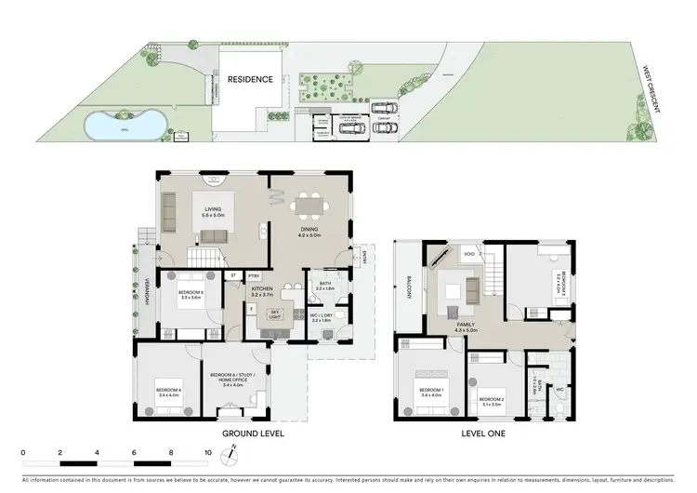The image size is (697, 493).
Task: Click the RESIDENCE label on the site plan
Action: click(x=251, y=80)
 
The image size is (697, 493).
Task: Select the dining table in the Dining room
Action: click(x=308, y=206)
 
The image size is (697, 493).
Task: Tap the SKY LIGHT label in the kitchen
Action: click(x=274, y=315)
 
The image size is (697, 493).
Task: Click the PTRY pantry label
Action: click(x=255, y=275)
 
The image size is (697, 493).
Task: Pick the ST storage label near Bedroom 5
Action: click(x=234, y=275)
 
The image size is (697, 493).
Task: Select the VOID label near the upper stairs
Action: click(x=469, y=252)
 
